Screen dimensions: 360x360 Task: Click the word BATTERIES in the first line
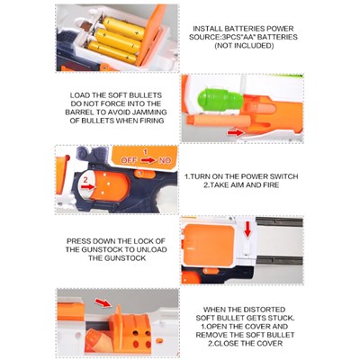(245, 29)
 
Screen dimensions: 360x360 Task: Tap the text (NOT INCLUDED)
(244, 46)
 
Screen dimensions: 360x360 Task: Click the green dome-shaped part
(220, 99)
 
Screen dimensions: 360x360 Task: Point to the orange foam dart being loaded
(219, 121)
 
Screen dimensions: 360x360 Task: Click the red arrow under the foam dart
(236, 132)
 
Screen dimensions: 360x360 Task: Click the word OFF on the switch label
(129, 160)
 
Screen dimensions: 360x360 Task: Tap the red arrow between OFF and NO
(149, 160)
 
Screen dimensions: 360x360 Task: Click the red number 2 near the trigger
(85, 180)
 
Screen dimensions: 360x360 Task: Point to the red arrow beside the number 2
(87, 187)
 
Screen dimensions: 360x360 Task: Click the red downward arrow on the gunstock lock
(247, 229)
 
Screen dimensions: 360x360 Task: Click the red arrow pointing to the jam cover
(103, 302)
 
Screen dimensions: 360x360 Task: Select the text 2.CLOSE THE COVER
(245, 343)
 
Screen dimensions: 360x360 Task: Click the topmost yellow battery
(123, 28)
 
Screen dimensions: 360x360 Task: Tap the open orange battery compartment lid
(151, 34)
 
